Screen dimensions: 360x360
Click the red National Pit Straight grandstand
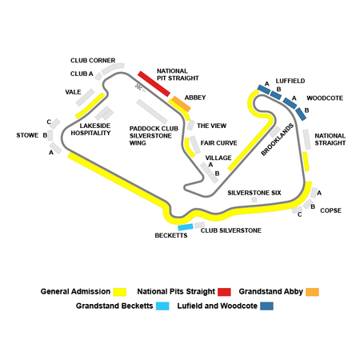(154, 84)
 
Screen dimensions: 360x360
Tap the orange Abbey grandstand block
(182, 104)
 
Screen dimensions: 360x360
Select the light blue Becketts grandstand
(186, 227)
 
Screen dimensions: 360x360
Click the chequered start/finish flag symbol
(138, 86)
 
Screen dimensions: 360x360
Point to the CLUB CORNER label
(93, 61)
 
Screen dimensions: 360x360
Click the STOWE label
(27, 135)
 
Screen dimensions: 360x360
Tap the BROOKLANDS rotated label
(278, 139)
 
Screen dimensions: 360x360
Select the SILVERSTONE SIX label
(254, 193)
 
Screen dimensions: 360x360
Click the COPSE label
(330, 210)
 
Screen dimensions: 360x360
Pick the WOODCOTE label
(325, 98)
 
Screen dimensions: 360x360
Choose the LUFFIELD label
(290, 81)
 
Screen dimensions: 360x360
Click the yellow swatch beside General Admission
(119, 292)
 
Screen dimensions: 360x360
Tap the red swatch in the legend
(224, 292)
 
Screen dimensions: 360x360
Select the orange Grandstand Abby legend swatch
(312, 292)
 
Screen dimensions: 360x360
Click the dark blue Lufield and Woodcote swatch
(267, 306)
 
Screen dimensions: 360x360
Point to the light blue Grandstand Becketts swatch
(162, 306)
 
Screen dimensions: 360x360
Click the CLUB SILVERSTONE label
(231, 230)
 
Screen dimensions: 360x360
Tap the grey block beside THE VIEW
(190, 125)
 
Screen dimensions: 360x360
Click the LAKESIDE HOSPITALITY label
(90, 130)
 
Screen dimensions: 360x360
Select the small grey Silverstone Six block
(254, 199)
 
